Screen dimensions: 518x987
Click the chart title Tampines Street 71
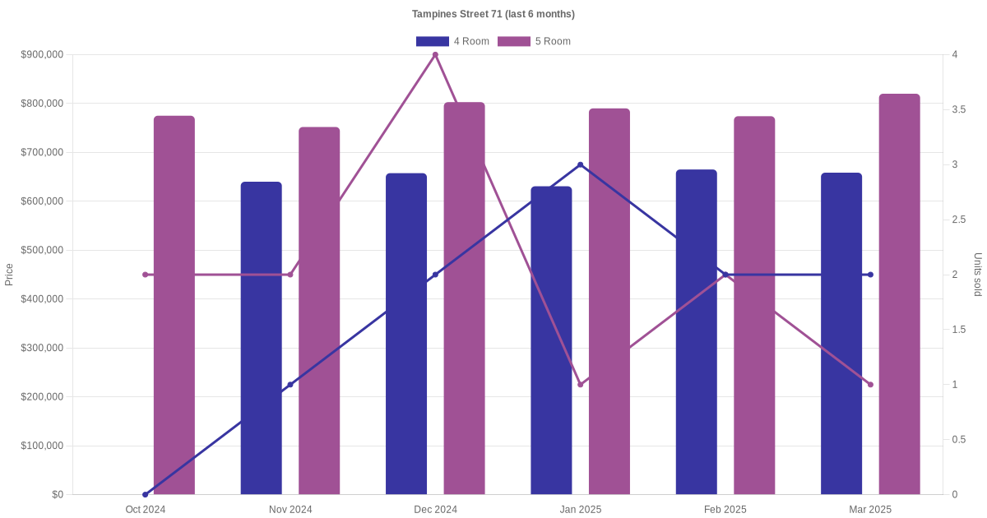coord(493,14)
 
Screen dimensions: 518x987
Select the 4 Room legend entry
coord(452,41)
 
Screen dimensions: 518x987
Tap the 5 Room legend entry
coord(534,41)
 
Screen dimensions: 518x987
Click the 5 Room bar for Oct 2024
coord(174,304)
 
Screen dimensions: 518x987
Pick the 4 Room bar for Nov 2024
coord(262,337)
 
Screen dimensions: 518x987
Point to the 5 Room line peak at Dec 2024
coord(435,55)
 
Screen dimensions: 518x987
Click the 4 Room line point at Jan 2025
coord(581,164)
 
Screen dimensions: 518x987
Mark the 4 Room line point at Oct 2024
coord(146,494)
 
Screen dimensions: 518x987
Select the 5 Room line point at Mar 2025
coord(870,385)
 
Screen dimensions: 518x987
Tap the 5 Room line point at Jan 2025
coord(581,385)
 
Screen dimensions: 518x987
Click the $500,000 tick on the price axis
coord(42,250)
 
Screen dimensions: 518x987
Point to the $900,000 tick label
coord(42,55)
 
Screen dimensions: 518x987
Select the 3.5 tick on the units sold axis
coord(959,109)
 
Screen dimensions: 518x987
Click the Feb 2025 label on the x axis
coord(725,510)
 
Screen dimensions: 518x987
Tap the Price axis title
coord(9,275)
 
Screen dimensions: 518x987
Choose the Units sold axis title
coord(978,275)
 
